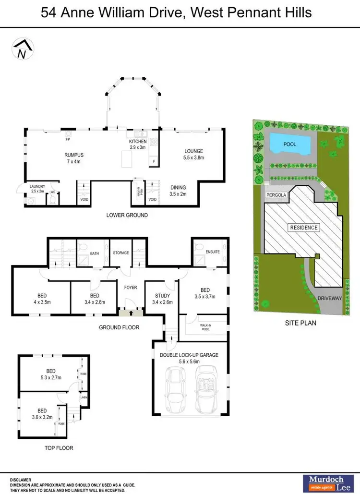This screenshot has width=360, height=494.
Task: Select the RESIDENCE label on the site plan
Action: click(303, 227)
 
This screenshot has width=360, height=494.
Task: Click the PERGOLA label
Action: click(276, 196)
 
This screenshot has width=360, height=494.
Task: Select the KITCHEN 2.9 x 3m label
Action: click(138, 145)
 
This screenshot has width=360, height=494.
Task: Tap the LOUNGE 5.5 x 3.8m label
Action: click(193, 154)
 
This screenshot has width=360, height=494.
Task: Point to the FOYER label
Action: click(131, 288)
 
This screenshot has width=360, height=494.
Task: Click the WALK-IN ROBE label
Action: click(205, 327)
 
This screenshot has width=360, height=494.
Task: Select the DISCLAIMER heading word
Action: click(20, 479)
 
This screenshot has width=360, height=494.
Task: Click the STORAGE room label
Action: click(121, 253)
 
